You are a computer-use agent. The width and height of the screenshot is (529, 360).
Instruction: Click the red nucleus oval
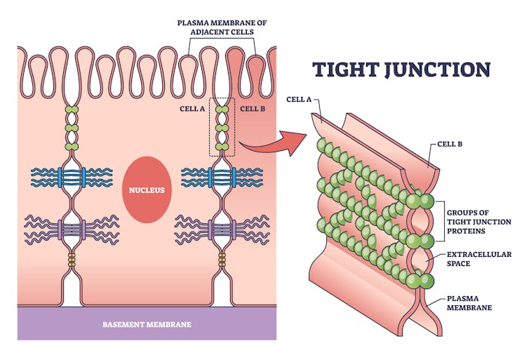[x=147, y=189]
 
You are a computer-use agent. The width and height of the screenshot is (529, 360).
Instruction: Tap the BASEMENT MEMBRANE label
[x=147, y=325]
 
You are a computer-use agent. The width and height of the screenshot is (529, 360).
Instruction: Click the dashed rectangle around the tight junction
[x=222, y=127]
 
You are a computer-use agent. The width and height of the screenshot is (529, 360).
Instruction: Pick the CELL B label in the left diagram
[x=252, y=109]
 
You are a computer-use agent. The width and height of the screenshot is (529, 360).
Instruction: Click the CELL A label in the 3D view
[x=299, y=100]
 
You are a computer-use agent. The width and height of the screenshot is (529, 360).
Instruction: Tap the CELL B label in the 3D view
[x=450, y=144]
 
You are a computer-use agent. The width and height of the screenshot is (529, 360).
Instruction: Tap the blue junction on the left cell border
[x=72, y=178]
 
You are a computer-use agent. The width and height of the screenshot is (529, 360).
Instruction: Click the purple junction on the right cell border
[x=222, y=229]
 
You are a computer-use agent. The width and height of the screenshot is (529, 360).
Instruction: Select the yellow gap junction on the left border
[x=72, y=260]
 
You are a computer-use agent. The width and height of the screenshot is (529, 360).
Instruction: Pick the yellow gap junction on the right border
[x=222, y=260]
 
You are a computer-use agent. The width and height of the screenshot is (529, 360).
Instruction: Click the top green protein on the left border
[x=72, y=110]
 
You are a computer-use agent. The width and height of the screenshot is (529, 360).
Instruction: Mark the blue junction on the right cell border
[x=222, y=178]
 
